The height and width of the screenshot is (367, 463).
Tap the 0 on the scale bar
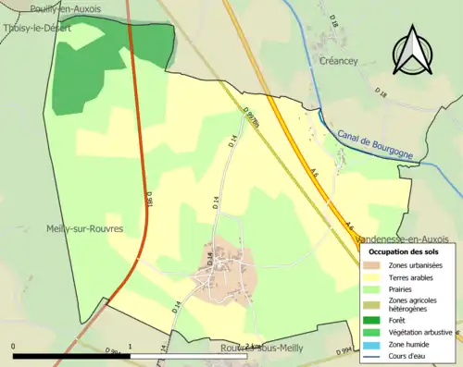(13, 348)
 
